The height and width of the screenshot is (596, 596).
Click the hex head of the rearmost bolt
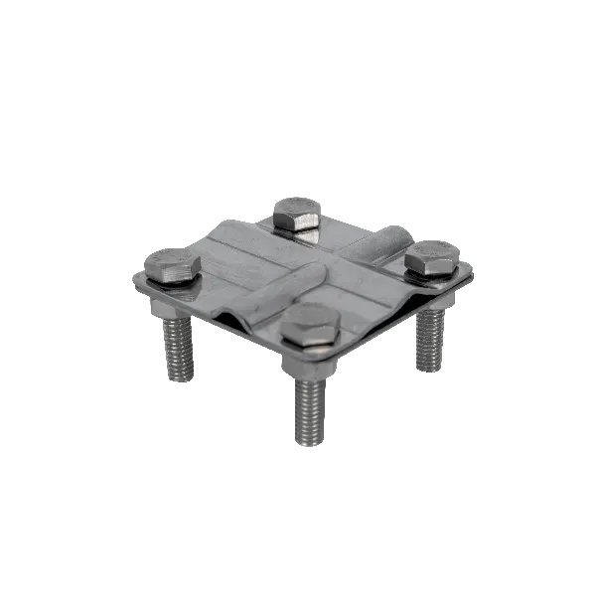click(x=296, y=212)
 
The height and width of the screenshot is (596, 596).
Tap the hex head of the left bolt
click(x=172, y=264)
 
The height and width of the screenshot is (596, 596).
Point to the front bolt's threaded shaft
click(x=308, y=407)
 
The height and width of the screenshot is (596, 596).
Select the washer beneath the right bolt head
click(x=429, y=275)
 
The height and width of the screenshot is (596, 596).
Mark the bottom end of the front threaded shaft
click(x=308, y=446)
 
